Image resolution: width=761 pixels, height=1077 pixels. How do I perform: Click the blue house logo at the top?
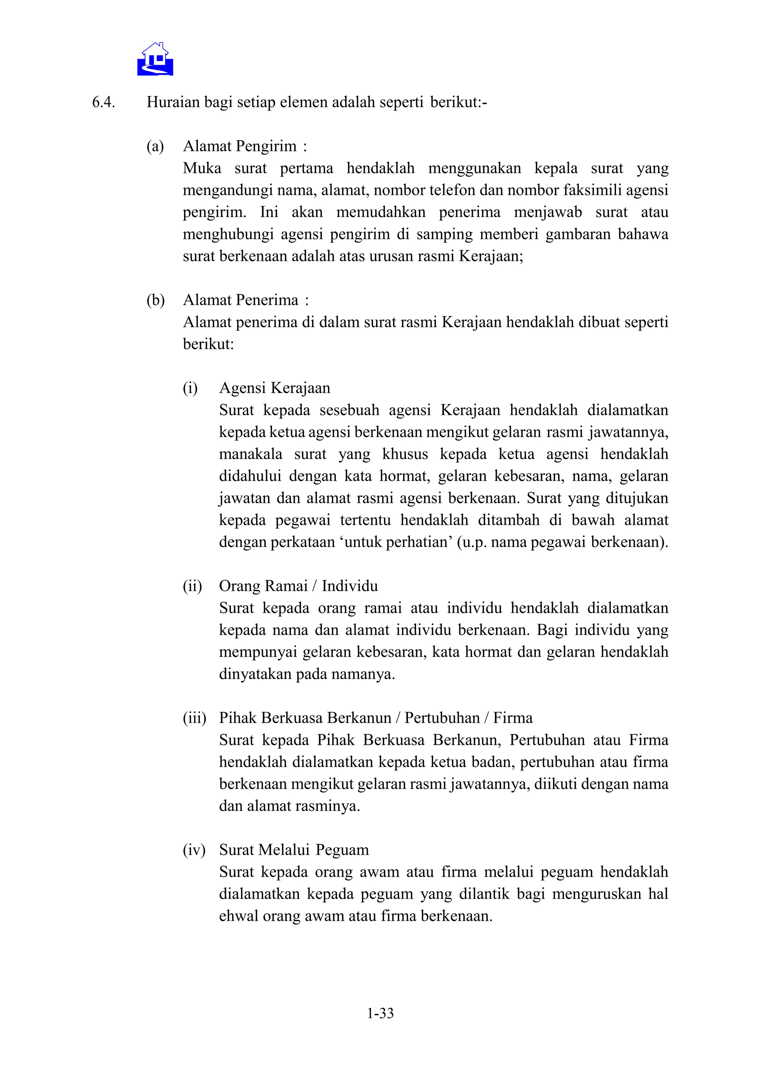coord(155,59)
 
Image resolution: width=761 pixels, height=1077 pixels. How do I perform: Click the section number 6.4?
coord(104,102)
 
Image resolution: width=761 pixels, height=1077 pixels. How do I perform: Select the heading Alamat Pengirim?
coord(240,146)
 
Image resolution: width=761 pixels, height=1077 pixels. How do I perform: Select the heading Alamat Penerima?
coord(240,300)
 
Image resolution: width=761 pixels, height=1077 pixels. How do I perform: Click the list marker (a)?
coord(155,146)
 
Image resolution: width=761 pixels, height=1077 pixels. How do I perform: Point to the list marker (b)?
coord(156,300)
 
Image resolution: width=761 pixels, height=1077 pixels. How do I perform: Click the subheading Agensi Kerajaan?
coord(275,388)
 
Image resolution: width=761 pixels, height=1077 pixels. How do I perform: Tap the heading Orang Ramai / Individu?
coord(298,586)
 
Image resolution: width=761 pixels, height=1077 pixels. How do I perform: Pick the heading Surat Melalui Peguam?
coord(294,850)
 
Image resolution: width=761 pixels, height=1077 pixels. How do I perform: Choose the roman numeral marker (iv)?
coord(194,850)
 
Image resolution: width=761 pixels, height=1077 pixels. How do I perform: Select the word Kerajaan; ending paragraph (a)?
coord(490,256)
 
